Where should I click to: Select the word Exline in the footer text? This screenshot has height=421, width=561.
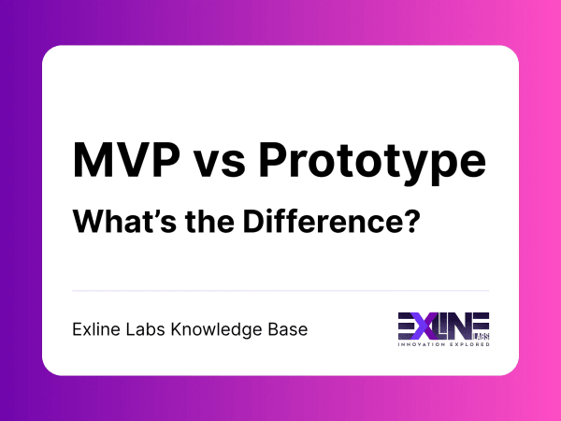tap(96, 329)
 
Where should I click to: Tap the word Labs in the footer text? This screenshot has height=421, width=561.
tap(149, 329)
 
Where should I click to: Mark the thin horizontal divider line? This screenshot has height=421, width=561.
tap(280, 290)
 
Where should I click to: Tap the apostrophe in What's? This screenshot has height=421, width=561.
tap(157, 215)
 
